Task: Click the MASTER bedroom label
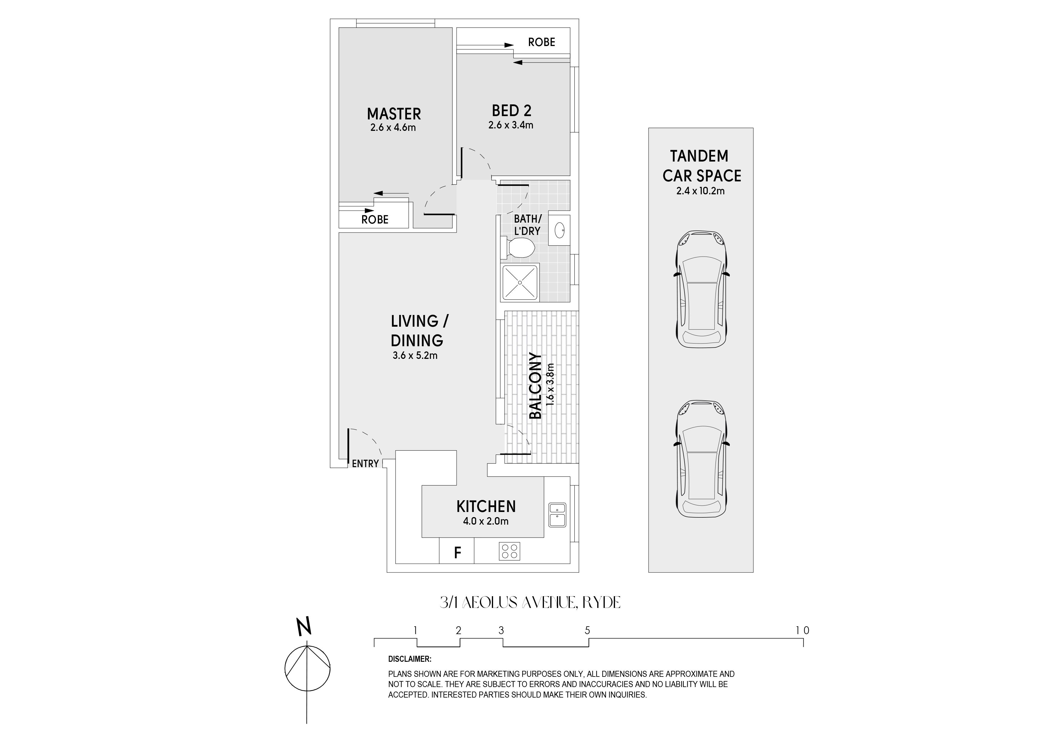click(x=394, y=113)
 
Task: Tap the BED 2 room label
click(x=511, y=111)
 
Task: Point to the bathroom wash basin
click(x=559, y=230)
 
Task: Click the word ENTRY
click(x=365, y=464)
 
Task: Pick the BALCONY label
click(x=535, y=386)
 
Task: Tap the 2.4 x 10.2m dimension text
click(x=700, y=191)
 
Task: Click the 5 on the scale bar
click(x=587, y=630)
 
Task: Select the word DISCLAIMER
click(x=410, y=659)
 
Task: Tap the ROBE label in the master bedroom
click(x=375, y=220)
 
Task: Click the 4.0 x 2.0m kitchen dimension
click(x=486, y=521)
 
